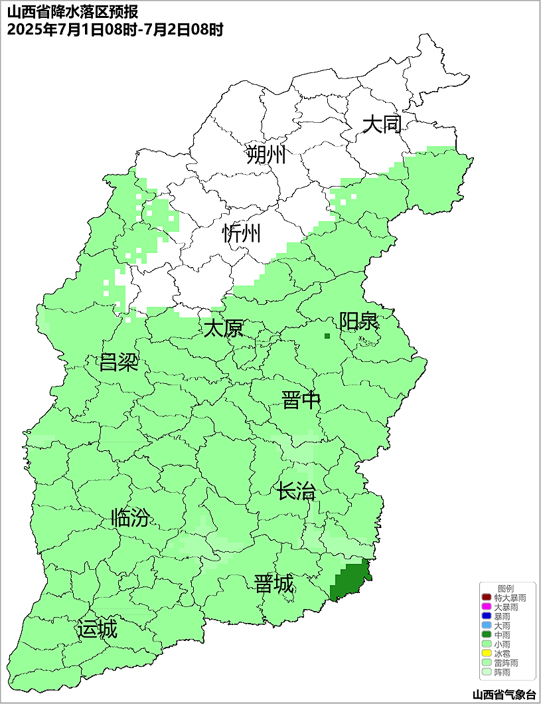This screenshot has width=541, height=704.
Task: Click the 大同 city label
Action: pos(382,124)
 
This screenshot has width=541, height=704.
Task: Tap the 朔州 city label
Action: pos(266,155)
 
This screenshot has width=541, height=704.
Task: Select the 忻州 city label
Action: pos(242,233)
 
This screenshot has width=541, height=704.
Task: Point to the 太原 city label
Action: pos(223,329)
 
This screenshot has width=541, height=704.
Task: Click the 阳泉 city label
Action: pos(358,321)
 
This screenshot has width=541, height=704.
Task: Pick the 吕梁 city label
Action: pos(118,363)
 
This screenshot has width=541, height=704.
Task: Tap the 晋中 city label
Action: pos(301,400)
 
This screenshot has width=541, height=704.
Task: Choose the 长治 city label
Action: pos(296,492)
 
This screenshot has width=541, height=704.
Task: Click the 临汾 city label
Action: pos(130,518)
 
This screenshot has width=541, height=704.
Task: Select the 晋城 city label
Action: pos(273,584)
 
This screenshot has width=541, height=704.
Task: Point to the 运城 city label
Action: pos(97,629)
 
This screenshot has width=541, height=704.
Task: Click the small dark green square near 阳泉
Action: pos(327,336)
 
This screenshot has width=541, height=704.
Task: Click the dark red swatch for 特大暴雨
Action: pos(486,598)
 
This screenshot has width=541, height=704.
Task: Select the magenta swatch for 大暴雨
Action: pos(486,607)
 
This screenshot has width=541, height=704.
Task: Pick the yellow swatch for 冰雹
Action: pos(486,654)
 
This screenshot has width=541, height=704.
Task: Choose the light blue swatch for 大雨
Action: pos(486,626)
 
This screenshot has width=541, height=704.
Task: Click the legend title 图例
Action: pos(506,588)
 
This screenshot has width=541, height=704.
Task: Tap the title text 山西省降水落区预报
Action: pos(72,13)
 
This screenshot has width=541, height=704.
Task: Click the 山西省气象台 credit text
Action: pos(504,694)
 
